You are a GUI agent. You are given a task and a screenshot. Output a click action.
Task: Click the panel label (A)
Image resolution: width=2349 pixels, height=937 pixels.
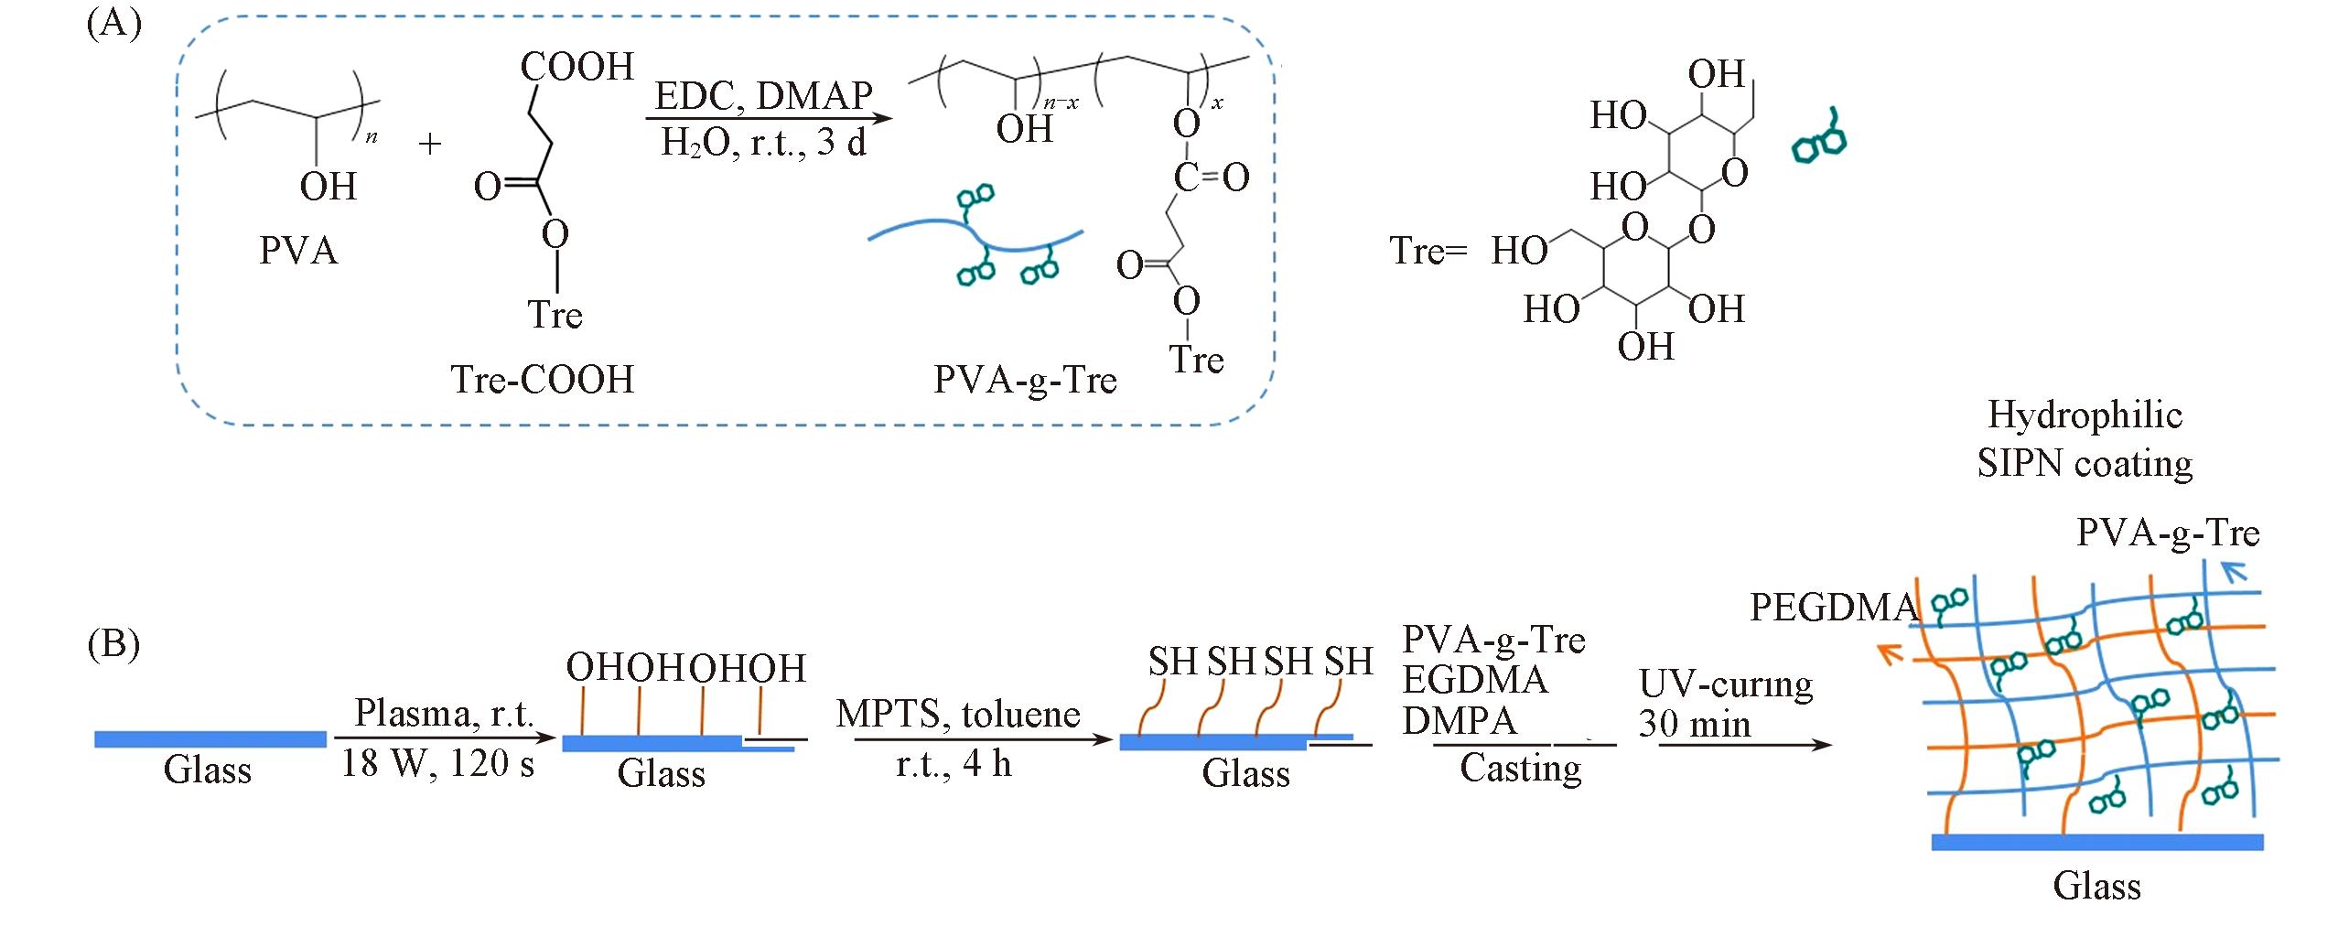tap(113, 24)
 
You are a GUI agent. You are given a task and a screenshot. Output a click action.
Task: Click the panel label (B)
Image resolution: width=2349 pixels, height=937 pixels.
tap(113, 644)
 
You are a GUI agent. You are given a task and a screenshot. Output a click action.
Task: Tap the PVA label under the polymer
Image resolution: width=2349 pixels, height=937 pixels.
tap(298, 251)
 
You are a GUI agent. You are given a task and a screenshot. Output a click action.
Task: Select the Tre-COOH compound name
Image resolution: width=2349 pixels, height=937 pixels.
tap(542, 380)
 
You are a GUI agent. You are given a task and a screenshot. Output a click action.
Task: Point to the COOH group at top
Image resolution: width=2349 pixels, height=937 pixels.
tap(576, 67)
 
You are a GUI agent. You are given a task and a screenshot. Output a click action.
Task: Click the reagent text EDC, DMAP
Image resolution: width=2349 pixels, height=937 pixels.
tap(763, 96)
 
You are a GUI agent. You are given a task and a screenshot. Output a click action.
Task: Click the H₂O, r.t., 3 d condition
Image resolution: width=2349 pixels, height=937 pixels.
tap(763, 144)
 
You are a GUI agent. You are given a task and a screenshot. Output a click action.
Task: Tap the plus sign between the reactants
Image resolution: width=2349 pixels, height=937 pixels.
tap(429, 144)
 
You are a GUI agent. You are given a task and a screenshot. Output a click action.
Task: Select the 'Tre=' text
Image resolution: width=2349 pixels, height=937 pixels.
tap(1428, 251)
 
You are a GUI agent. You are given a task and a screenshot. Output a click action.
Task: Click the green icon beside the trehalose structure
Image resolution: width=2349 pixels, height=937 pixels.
tap(1819, 139)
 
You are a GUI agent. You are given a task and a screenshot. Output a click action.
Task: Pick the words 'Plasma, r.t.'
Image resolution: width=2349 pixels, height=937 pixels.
tap(444, 713)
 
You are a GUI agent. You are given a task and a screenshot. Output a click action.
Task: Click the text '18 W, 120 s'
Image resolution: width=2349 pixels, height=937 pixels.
tap(437, 763)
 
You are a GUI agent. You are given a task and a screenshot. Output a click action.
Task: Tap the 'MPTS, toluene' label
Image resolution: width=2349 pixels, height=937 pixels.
tap(958, 714)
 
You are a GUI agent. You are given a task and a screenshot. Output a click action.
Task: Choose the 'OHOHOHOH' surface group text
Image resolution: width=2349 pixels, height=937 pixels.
tap(686, 668)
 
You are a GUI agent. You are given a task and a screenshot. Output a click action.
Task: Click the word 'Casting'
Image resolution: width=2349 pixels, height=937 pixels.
tap(1520, 769)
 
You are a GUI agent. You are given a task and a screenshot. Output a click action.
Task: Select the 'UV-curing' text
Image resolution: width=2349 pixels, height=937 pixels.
tap(1726, 684)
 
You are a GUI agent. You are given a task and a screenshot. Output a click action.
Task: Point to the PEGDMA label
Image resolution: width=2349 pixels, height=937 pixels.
tap(1833, 608)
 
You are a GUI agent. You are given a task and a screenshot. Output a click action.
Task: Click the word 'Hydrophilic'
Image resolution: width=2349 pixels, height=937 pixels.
tap(2085, 415)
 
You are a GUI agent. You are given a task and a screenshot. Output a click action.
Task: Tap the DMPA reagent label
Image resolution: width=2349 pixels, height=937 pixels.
tap(1459, 722)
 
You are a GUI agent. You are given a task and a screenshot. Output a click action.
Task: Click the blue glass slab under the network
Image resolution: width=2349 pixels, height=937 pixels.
tap(2096, 842)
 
